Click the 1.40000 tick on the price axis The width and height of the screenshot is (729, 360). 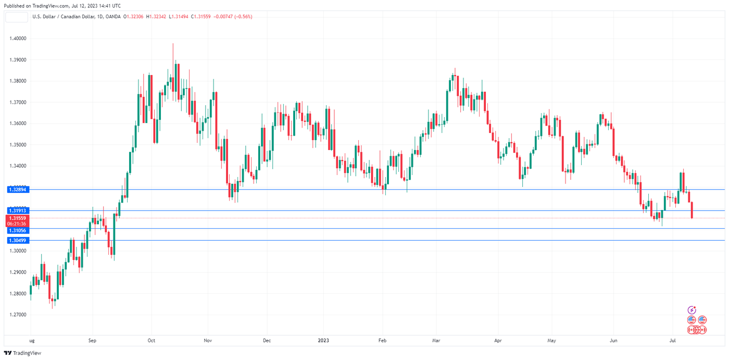point(18,39)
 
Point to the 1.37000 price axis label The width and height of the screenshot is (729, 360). point(18,103)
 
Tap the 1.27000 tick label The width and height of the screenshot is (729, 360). point(18,315)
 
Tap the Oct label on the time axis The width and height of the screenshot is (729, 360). point(152,341)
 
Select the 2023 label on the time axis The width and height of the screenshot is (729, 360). point(323,341)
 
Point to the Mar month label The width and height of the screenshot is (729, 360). point(436,341)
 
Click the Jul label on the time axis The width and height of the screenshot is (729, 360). point(673,341)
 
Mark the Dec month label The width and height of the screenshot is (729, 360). point(267,341)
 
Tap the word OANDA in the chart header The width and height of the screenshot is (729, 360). point(114,17)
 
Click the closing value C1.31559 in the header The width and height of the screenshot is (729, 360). point(202,17)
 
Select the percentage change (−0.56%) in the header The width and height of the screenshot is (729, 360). point(243,17)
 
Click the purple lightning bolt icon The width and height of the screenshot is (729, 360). point(692,310)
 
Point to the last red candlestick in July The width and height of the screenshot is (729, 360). point(692,210)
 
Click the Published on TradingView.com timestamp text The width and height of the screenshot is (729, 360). point(61,6)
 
